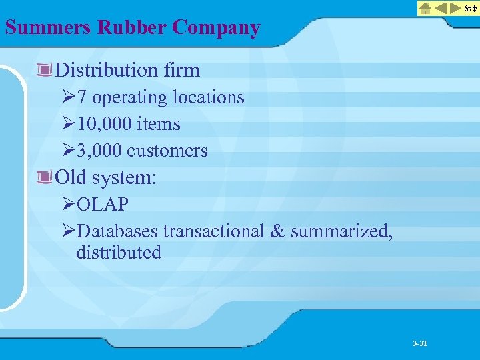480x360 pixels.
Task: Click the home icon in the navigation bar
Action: pyautogui.click(x=425, y=9)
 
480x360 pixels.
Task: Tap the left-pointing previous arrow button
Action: pyautogui.click(x=441, y=9)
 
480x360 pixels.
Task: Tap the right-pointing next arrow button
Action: pyautogui.click(x=455, y=9)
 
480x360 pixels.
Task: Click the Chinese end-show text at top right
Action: pyautogui.click(x=471, y=9)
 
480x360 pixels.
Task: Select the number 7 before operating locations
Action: pyautogui.click(x=81, y=97)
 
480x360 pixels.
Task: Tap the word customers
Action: pyautogui.click(x=167, y=151)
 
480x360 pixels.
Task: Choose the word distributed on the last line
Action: pyautogui.click(x=119, y=253)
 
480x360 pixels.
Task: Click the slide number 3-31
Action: pyautogui.click(x=419, y=343)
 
